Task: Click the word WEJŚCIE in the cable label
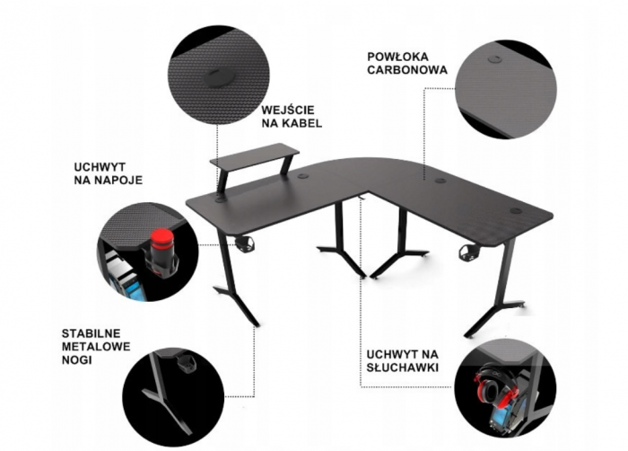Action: tap(288, 110)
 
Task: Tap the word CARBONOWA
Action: tap(407, 70)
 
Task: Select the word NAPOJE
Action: tap(118, 180)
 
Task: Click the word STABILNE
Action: tap(91, 333)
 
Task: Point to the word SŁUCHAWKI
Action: tap(403, 367)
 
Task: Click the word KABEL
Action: tap(303, 123)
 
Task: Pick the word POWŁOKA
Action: tap(397, 57)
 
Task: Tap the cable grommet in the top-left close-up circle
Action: tap(218, 76)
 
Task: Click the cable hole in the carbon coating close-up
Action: tap(495, 59)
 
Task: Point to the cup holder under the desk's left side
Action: tap(244, 244)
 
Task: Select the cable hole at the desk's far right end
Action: tap(516, 210)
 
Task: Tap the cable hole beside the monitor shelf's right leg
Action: tap(303, 175)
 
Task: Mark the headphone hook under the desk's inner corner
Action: tap(362, 198)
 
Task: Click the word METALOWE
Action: tap(96, 347)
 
